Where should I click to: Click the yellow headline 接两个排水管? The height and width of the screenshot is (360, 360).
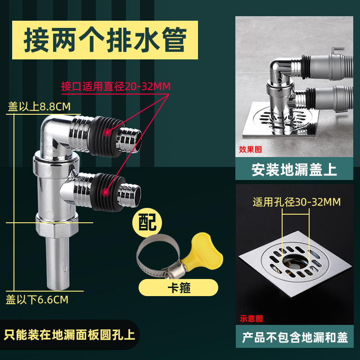point(105,40)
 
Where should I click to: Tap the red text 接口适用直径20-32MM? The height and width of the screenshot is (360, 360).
point(116,86)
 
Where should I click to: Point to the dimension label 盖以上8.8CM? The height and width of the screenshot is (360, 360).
point(39,107)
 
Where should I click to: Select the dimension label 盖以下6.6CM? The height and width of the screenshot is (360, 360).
point(37,300)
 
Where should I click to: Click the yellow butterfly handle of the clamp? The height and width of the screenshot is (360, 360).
point(202,250)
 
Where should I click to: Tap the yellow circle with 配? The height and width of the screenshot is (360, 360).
point(147,222)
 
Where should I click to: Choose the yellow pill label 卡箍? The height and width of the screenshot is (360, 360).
point(178,288)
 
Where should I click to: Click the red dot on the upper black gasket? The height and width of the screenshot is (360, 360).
point(107,132)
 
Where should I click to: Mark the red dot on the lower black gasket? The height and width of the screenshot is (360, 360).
point(105,192)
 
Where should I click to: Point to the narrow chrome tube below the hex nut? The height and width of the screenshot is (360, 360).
point(58,263)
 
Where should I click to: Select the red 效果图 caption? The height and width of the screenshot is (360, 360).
point(250,149)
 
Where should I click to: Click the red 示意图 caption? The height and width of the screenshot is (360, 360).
point(251,319)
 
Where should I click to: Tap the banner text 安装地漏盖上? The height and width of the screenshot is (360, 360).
point(294,170)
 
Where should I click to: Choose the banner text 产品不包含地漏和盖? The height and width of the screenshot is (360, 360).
point(295,337)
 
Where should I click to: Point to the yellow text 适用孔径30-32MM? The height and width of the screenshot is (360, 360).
point(297,202)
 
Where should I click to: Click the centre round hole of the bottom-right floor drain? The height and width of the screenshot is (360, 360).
point(295,262)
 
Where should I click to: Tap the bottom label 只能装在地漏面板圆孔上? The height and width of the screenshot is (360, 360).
point(69,335)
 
